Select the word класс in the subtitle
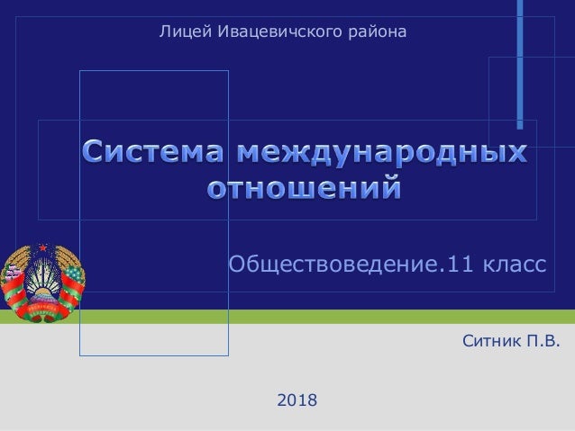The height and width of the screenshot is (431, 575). click(513, 265)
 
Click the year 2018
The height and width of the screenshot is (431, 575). click(297, 398)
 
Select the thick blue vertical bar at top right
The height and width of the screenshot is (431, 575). click(520, 63)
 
